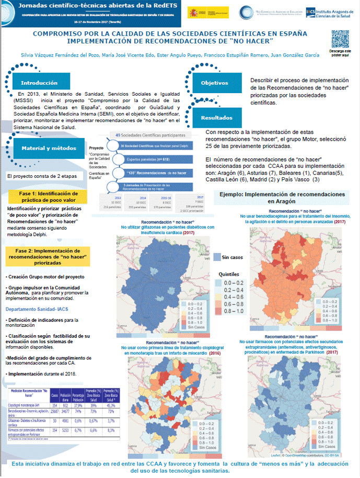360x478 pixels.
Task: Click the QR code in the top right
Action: (340, 39)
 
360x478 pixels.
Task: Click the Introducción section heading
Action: (39, 83)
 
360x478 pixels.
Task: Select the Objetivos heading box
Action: (215, 83)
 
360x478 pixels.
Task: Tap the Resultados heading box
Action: (217, 118)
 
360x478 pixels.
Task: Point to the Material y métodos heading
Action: (44, 149)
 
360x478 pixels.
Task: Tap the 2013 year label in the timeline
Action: (117, 198)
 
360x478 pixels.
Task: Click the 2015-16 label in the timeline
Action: (166, 198)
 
